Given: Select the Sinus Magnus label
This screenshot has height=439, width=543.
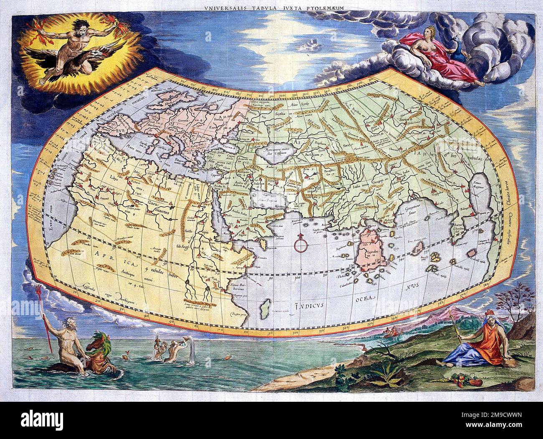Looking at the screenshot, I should pyautogui.click(x=476, y=184).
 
